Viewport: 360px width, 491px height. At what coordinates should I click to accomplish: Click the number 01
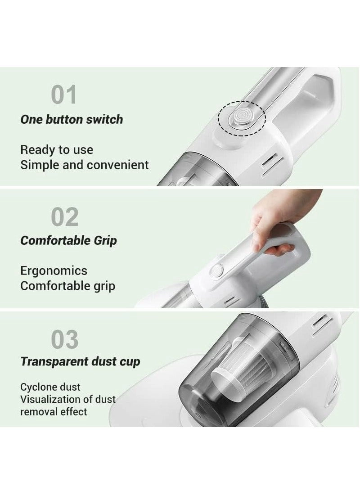pos(64,95)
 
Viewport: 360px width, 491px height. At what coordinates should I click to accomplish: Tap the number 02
pos(65,217)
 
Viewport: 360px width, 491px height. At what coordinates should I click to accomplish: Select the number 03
pos(65,339)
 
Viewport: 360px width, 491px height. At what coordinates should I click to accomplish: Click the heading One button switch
pos(72,119)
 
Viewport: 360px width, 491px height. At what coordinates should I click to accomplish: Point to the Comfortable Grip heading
pos(68,240)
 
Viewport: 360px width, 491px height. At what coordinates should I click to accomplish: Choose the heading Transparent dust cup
pos(80,361)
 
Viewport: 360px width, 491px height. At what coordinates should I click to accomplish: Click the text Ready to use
pos(57,150)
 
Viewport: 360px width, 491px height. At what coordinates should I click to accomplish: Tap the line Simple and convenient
pos(84,165)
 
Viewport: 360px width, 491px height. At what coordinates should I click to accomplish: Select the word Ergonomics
pos(54,270)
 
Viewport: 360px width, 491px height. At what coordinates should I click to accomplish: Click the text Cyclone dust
pos(50,387)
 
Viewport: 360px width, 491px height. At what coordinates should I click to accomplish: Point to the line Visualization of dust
pos(68,399)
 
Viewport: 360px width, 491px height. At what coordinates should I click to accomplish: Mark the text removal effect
pos(54,411)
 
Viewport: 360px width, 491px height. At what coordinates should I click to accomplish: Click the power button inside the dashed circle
pos(242,117)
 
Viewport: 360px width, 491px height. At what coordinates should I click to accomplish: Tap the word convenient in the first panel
pos(117,165)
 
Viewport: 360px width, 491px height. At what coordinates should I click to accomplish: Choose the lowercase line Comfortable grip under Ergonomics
pos(67,286)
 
